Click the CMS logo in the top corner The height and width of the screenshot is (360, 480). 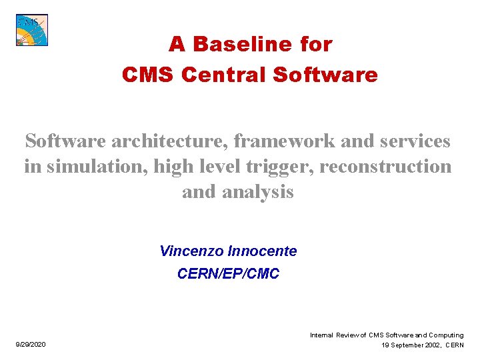(x=32, y=30)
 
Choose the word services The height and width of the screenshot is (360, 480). (x=415, y=141)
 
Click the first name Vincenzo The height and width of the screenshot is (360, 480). (x=192, y=251)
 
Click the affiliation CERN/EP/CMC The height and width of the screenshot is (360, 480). (x=228, y=273)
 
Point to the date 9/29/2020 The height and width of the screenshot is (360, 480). (x=31, y=345)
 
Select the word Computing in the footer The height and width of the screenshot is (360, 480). (x=442, y=335)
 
